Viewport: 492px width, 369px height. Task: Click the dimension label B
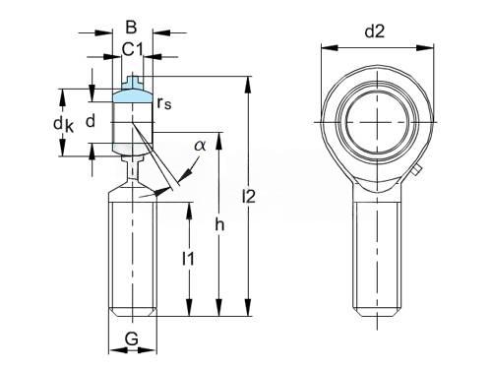tap(131, 27)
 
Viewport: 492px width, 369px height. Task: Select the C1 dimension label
tap(133, 49)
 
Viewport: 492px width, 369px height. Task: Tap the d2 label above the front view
tap(375, 31)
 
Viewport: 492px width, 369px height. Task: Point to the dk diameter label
tap(64, 125)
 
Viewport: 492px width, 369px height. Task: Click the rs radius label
tap(164, 103)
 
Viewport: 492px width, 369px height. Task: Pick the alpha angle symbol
tap(200, 145)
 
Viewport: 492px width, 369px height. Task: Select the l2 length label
tap(249, 196)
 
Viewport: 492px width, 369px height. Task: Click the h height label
tap(219, 224)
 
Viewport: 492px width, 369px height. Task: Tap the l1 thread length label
tap(188, 259)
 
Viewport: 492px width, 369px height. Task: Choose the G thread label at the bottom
tap(132, 338)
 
